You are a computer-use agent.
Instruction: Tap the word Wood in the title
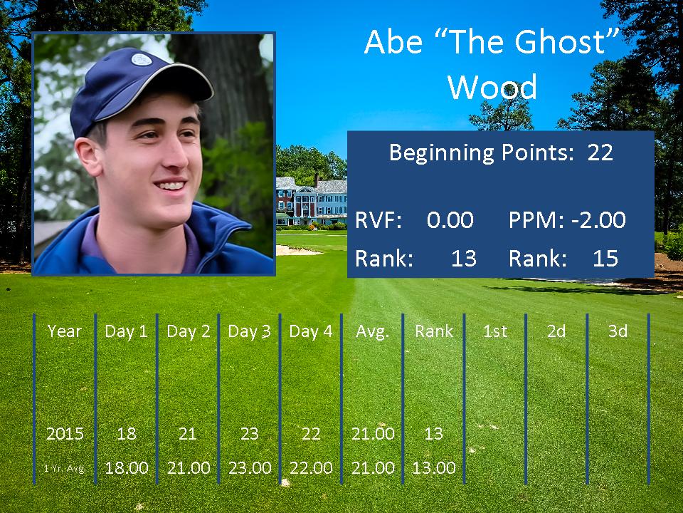coord(492,87)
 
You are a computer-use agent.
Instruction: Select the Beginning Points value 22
coord(600,152)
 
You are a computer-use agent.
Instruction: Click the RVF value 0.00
coord(450,220)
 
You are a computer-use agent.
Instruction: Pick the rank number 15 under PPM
coord(605,258)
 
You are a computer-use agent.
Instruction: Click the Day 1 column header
coord(127,331)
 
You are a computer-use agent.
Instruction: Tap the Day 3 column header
coord(249,331)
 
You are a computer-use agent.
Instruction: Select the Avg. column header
coord(372,332)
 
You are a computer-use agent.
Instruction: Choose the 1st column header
coord(495,331)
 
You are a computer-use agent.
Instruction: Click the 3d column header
coord(618,331)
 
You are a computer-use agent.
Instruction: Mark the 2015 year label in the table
coord(65,434)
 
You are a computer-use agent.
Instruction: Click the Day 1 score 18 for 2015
coord(127,434)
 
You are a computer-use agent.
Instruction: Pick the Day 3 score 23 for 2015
coord(250,434)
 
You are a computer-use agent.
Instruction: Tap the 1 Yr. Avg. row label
coord(65,469)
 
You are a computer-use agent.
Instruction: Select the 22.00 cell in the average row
coord(311,468)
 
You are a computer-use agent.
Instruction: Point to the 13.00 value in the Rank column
coord(434,468)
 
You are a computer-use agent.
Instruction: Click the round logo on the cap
coord(142,59)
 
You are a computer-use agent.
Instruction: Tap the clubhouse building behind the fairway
coord(312,201)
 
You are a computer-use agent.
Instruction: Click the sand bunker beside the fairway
coord(298,250)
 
